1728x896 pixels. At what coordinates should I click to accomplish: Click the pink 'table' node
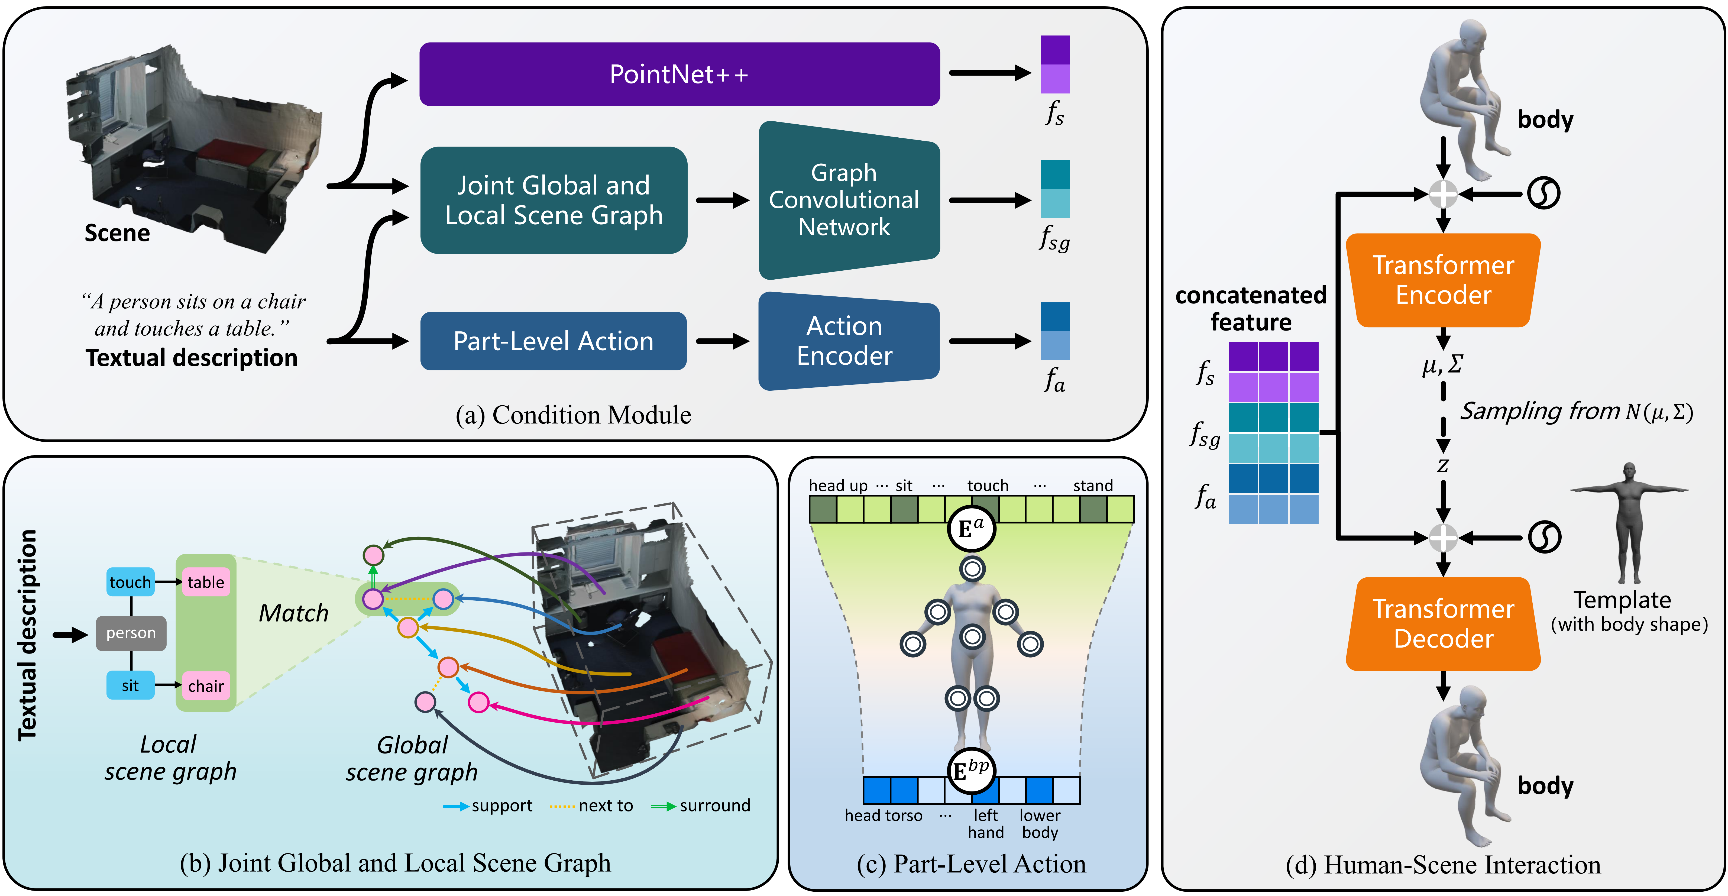[x=205, y=582]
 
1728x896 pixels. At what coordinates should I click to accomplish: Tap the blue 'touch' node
[x=130, y=582]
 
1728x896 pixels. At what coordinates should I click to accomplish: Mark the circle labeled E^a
[x=971, y=529]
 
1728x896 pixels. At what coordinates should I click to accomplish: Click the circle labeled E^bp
[x=971, y=770]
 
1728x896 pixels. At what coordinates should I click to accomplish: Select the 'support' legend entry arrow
[x=456, y=806]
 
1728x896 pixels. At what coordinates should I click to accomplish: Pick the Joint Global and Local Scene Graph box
[x=554, y=200]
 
